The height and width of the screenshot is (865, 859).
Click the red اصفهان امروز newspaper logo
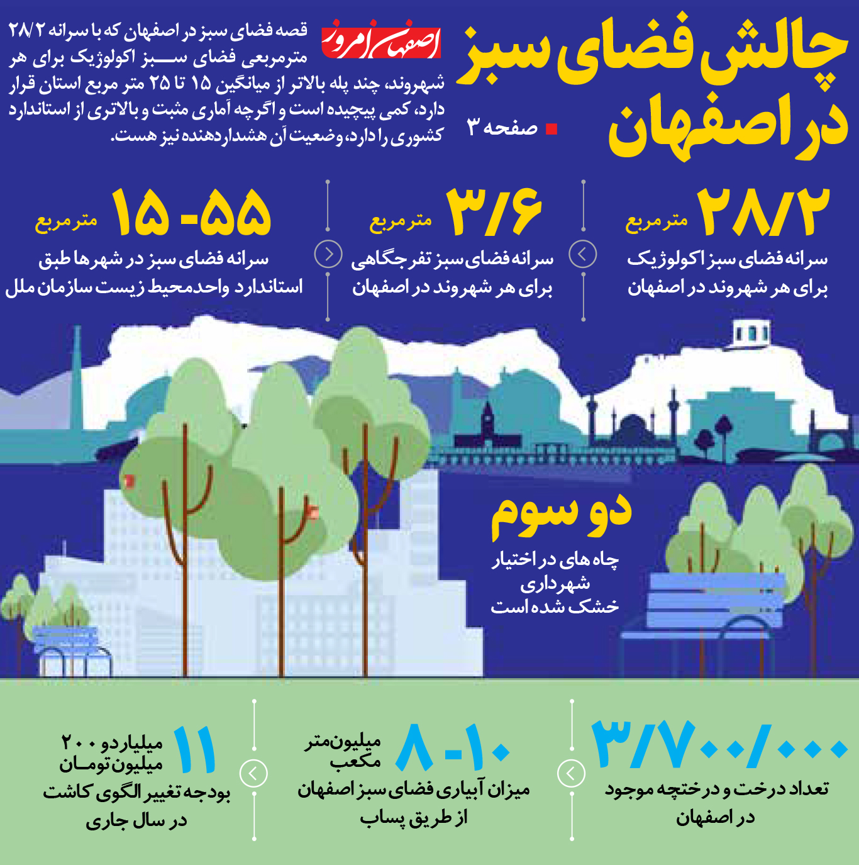[x=381, y=40]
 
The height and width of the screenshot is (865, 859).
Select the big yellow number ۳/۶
[x=494, y=212]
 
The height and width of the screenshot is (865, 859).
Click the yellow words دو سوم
[x=561, y=516]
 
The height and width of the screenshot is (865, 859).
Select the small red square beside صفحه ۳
[x=551, y=130]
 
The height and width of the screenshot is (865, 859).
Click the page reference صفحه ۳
[x=502, y=128]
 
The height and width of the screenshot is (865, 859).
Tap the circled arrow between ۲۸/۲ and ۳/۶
[x=582, y=255]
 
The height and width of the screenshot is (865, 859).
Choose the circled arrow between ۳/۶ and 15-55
[x=328, y=255]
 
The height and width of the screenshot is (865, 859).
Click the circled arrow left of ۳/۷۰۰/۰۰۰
[x=572, y=773]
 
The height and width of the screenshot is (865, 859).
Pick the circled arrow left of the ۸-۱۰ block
[x=253, y=773]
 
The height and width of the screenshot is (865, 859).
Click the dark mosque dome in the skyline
[x=631, y=427]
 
